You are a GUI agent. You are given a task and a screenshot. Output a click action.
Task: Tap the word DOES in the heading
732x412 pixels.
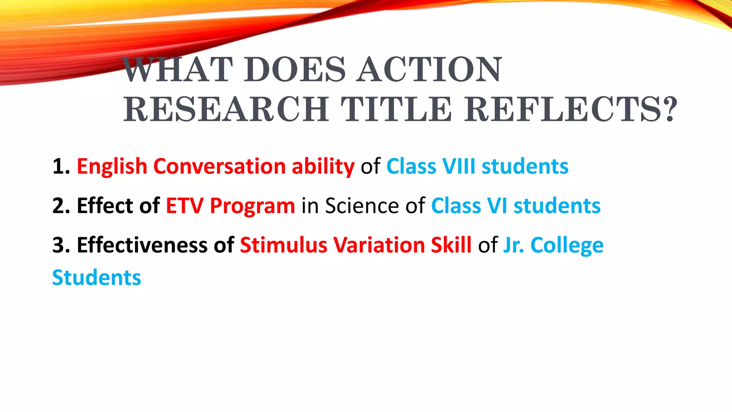295,70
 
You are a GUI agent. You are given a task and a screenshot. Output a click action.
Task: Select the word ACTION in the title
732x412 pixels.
430,70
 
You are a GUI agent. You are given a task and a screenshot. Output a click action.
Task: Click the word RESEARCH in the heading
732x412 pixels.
226,109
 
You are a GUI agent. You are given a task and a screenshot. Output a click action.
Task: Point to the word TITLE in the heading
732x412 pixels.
396,109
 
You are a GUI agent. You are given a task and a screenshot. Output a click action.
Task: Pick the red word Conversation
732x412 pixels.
219,167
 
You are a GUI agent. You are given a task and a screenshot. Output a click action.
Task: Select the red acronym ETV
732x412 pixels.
184,206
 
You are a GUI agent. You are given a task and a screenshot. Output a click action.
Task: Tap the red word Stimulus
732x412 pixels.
283,245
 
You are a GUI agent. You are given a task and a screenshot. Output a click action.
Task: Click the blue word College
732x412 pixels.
567,246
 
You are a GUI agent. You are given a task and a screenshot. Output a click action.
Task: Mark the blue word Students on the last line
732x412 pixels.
97,278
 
